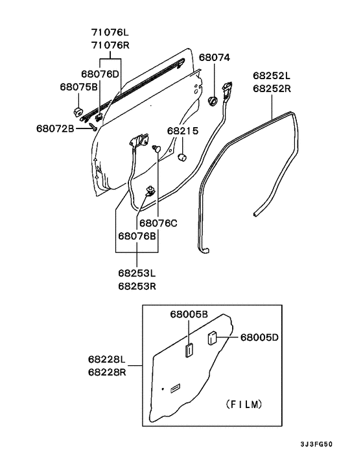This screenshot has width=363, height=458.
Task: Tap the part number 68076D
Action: (100, 74)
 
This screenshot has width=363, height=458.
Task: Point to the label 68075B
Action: (78, 86)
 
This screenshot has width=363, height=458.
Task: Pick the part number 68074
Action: (214, 57)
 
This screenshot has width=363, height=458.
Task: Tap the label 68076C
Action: (158, 223)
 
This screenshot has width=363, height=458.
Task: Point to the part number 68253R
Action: (137, 285)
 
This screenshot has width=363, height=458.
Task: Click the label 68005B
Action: (189, 314)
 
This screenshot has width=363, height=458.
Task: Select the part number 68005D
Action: (260, 337)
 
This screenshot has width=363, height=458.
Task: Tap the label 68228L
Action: (107, 359)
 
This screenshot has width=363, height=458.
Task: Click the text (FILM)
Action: (244, 404)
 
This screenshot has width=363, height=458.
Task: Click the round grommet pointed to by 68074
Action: (213, 101)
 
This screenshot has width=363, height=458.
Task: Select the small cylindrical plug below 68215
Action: (183, 156)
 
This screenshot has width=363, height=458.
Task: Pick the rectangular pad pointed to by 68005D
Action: (211, 338)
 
